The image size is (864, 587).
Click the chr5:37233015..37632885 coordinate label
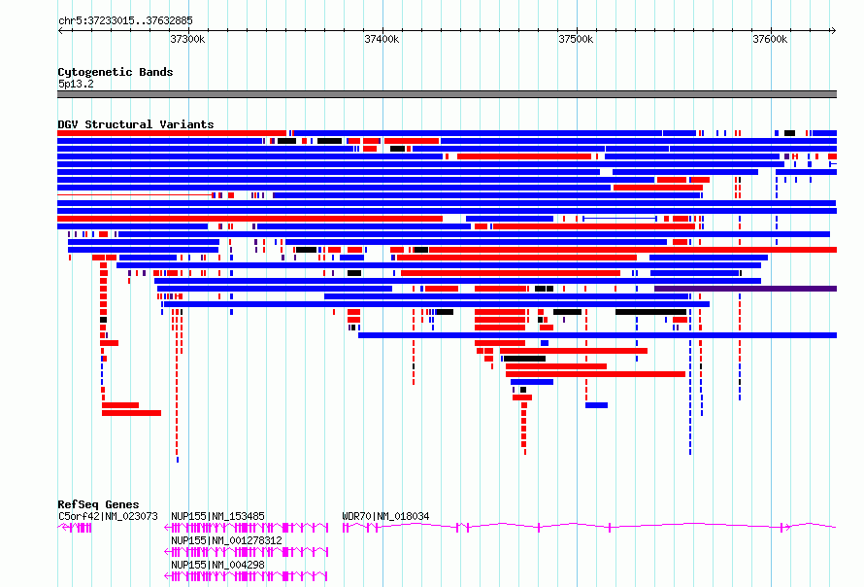click(125, 21)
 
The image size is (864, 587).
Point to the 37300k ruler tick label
click(188, 39)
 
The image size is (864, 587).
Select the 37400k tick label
click(382, 39)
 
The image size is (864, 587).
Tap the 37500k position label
click(576, 39)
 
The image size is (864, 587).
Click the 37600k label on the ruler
click(770, 39)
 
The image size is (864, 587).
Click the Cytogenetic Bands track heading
click(116, 72)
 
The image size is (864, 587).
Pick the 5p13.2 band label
click(76, 84)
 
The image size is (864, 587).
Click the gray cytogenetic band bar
click(447, 94)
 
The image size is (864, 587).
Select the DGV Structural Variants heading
click(136, 124)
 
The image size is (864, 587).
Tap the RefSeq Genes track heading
click(98, 504)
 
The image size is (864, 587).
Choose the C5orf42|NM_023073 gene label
click(108, 516)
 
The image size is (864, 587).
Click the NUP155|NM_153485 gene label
click(217, 516)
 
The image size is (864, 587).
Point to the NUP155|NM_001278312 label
click(226, 540)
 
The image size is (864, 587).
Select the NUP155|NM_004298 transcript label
click(217, 565)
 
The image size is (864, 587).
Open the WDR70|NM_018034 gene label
click(385, 516)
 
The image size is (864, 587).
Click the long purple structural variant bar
click(746, 289)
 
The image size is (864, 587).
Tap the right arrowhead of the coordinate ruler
click(834, 31)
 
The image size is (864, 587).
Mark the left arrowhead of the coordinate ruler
click(60, 31)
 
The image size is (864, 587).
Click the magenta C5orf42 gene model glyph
click(75, 528)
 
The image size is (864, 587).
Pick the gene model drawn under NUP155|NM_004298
click(247, 576)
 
